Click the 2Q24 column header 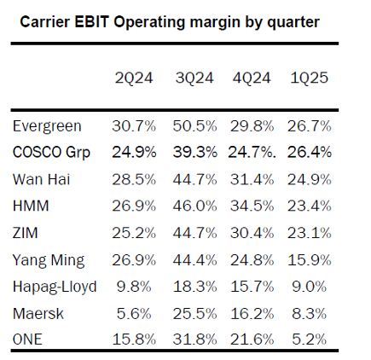pyautogui.click(x=134, y=78)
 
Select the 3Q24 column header pyautogui.click(x=194, y=78)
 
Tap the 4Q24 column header pyautogui.click(x=252, y=78)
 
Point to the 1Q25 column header pyautogui.click(x=309, y=78)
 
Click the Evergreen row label pyautogui.click(x=47, y=126)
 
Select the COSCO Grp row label pyautogui.click(x=51, y=153)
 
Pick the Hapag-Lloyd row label pyautogui.click(x=55, y=287)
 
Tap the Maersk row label pyautogui.click(x=38, y=314)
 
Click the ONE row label pyautogui.click(x=27, y=340)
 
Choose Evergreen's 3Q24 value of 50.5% pyautogui.click(x=194, y=126)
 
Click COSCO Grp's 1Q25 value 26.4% pyautogui.click(x=309, y=152)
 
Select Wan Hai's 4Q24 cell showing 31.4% pyautogui.click(x=252, y=179)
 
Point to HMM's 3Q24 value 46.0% pyautogui.click(x=194, y=206)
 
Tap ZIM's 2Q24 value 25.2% pyautogui.click(x=134, y=233)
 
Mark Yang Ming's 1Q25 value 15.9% pyautogui.click(x=309, y=260)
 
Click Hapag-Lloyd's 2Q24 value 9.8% pyautogui.click(x=134, y=287)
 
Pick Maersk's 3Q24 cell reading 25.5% pyautogui.click(x=194, y=314)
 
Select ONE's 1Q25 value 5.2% pyautogui.click(x=309, y=340)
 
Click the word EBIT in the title pyautogui.click(x=92, y=22)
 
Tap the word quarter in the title pyautogui.click(x=293, y=23)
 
